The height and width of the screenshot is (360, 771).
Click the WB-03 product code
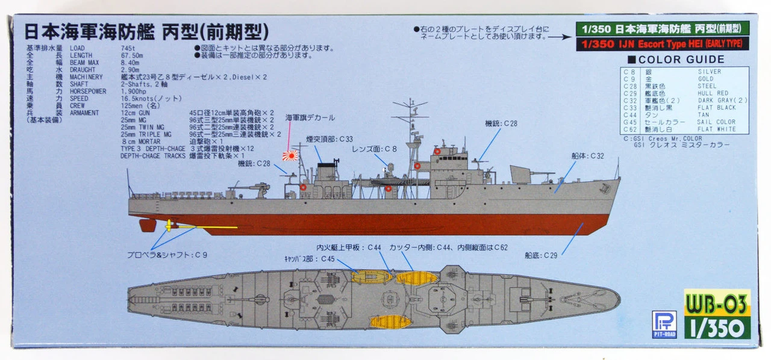tap(717, 302)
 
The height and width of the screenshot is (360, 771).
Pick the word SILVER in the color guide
tap(709, 72)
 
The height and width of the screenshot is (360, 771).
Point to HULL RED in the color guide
tap(713, 93)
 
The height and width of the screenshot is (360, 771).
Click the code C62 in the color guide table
tap(629, 129)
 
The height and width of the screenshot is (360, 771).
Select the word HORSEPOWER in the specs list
tap(88, 92)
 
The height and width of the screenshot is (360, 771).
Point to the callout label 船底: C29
tap(540, 255)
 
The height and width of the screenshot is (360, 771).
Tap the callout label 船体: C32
tap(587, 155)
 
